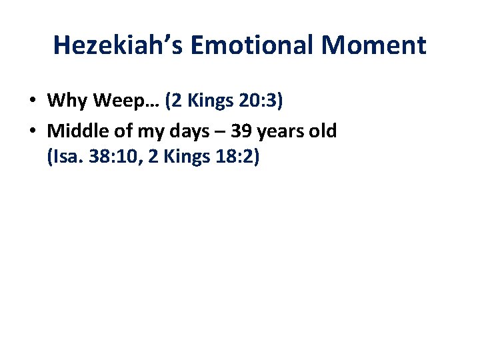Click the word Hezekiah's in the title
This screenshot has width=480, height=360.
click(x=118, y=45)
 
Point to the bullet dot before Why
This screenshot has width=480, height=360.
click(x=31, y=101)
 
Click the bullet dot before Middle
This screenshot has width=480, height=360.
click(x=31, y=131)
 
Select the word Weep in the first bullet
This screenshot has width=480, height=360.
click(x=117, y=101)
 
